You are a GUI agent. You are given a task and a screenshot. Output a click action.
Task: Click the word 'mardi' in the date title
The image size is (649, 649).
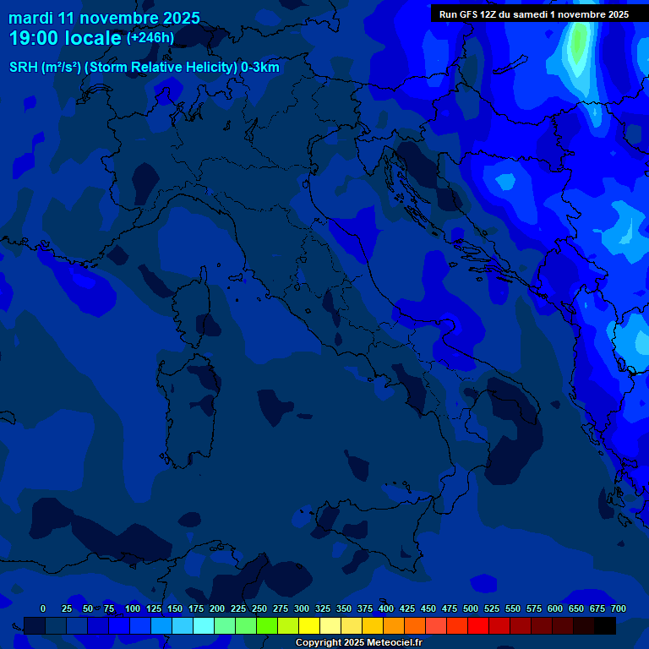pos(31,18)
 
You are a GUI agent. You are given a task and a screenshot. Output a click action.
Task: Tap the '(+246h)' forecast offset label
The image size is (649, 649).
pos(150,37)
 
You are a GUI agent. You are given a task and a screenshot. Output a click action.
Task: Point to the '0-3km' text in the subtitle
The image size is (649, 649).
pos(260,67)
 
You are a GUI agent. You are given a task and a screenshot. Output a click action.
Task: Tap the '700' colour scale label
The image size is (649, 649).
pos(618,608)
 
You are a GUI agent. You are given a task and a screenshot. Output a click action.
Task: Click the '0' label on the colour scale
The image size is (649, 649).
pos(43,608)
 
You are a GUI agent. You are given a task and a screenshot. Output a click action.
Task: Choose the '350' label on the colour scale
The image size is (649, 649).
pos(344,608)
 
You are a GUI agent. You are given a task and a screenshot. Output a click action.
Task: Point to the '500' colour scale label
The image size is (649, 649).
pos(471,608)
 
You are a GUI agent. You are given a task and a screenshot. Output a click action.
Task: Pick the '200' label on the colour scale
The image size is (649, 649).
pos(217,608)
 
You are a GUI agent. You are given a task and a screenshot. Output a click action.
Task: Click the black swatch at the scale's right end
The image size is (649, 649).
pos(605,626)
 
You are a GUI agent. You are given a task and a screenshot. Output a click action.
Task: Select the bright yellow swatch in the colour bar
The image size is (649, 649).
pos(309,626)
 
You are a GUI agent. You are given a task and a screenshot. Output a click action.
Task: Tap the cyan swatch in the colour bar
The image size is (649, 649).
pos(204,626)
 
